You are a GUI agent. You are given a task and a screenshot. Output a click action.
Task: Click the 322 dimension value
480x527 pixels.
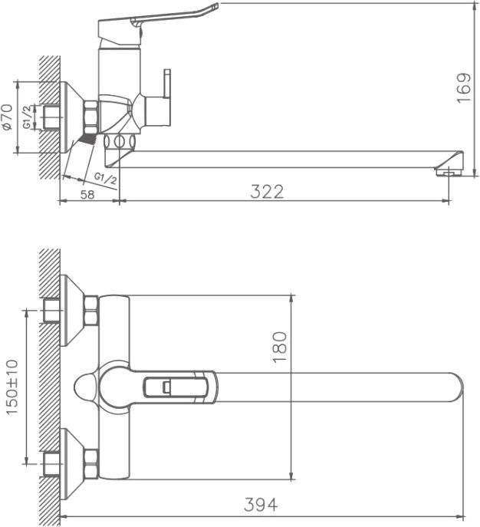point(267,192)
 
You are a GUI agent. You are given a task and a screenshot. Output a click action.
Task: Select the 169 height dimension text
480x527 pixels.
point(464,88)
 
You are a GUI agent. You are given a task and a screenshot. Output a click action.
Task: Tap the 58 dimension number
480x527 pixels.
point(87,194)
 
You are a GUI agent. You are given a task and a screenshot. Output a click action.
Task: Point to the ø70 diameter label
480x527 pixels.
point(8,117)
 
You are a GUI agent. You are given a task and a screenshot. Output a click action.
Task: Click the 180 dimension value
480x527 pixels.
point(280,347)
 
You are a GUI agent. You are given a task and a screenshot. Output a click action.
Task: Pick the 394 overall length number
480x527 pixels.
point(261,505)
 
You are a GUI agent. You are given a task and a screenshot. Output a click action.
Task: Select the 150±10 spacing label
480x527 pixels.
point(12,387)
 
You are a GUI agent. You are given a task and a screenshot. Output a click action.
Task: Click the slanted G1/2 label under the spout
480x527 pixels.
point(106,178)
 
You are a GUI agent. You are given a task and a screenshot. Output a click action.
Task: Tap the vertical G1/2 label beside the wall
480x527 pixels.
point(28,117)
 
